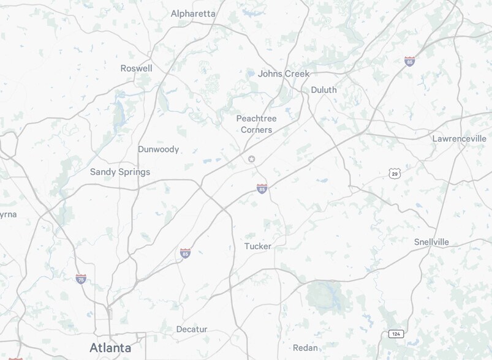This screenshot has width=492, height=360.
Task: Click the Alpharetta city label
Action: (x=193, y=13)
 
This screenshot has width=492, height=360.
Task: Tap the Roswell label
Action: (x=136, y=68)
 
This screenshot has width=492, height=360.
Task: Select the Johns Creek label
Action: (x=284, y=73)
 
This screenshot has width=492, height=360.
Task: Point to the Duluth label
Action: (x=324, y=89)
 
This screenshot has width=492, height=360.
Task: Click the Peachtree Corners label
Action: (x=256, y=124)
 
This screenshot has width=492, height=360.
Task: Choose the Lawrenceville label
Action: (x=459, y=138)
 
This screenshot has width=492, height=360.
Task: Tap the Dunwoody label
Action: (x=158, y=149)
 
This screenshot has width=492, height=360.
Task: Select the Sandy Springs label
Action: (x=120, y=171)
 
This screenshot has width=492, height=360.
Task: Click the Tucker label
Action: (x=257, y=246)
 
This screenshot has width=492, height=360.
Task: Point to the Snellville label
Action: (x=431, y=242)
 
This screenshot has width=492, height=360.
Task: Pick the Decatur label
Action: (x=192, y=329)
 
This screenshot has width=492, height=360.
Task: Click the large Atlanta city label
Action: (x=110, y=348)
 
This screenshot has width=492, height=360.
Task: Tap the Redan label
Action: (x=305, y=348)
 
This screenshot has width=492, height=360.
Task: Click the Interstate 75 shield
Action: (x=81, y=279)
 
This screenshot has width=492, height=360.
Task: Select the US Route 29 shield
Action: (x=395, y=173)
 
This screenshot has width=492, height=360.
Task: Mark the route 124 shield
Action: (x=396, y=334)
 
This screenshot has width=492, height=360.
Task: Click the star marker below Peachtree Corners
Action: (x=251, y=159)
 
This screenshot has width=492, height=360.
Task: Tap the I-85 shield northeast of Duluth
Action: (x=409, y=61)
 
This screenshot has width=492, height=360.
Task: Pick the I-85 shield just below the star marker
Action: (x=262, y=189)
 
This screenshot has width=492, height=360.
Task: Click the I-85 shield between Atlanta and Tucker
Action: (x=185, y=253)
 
